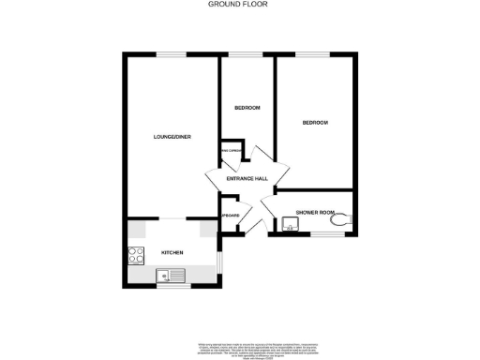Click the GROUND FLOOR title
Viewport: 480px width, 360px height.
pyautogui.click(x=239, y=5)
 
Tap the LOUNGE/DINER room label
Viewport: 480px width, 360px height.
pyautogui.click(x=172, y=137)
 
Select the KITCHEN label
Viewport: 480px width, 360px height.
pyautogui.click(x=172, y=253)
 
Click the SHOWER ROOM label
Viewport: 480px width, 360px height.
pyautogui.click(x=315, y=213)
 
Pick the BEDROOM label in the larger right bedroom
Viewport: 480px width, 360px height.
pyautogui.click(x=315, y=123)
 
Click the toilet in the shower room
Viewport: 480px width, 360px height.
pyautogui.click(x=346, y=217)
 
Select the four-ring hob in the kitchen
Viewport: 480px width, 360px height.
pyautogui.click(x=135, y=252)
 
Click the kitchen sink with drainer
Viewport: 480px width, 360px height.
pyautogui.click(x=171, y=276)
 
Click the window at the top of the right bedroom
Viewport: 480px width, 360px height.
pyautogui.click(x=314, y=54)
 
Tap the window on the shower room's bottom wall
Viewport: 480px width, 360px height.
pyautogui.click(x=323, y=234)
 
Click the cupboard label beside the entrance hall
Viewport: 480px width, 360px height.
pyautogui.click(x=230, y=217)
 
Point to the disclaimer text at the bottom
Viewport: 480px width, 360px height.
pyautogui.click(x=239, y=347)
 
